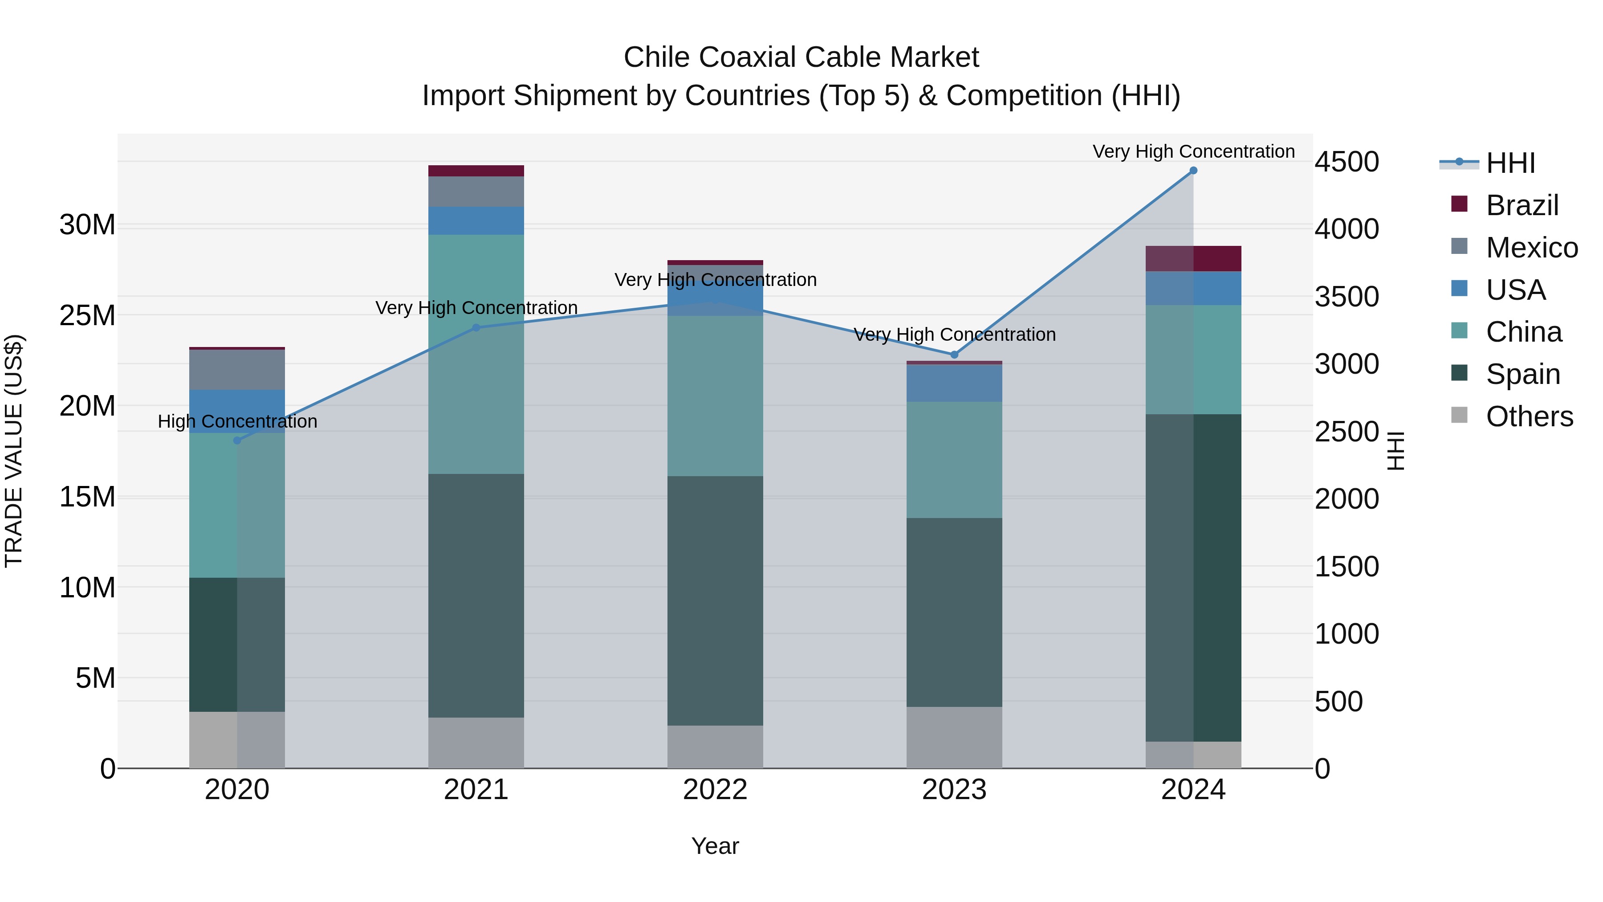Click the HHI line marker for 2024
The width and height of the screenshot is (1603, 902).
[1193, 171]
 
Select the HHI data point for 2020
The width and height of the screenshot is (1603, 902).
[237, 440]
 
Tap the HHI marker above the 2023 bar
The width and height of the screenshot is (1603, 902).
[954, 355]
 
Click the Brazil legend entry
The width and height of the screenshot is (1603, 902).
[1522, 205]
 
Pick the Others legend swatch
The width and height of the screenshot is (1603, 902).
[1459, 415]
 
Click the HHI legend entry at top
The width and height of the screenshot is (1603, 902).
[1510, 163]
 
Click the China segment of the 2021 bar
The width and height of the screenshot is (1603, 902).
[476, 354]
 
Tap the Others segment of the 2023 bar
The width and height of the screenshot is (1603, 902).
[954, 737]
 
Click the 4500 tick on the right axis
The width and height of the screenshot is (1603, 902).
[1347, 162]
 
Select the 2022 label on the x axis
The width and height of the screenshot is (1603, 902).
[715, 790]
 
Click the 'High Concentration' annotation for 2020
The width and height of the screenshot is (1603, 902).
[237, 421]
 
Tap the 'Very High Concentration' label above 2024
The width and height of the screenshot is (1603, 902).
[1193, 151]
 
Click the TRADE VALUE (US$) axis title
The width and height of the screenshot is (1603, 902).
[14, 451]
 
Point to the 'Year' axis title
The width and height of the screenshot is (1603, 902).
[715, 846]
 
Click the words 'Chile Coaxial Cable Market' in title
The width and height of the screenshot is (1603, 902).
[801, 57]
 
